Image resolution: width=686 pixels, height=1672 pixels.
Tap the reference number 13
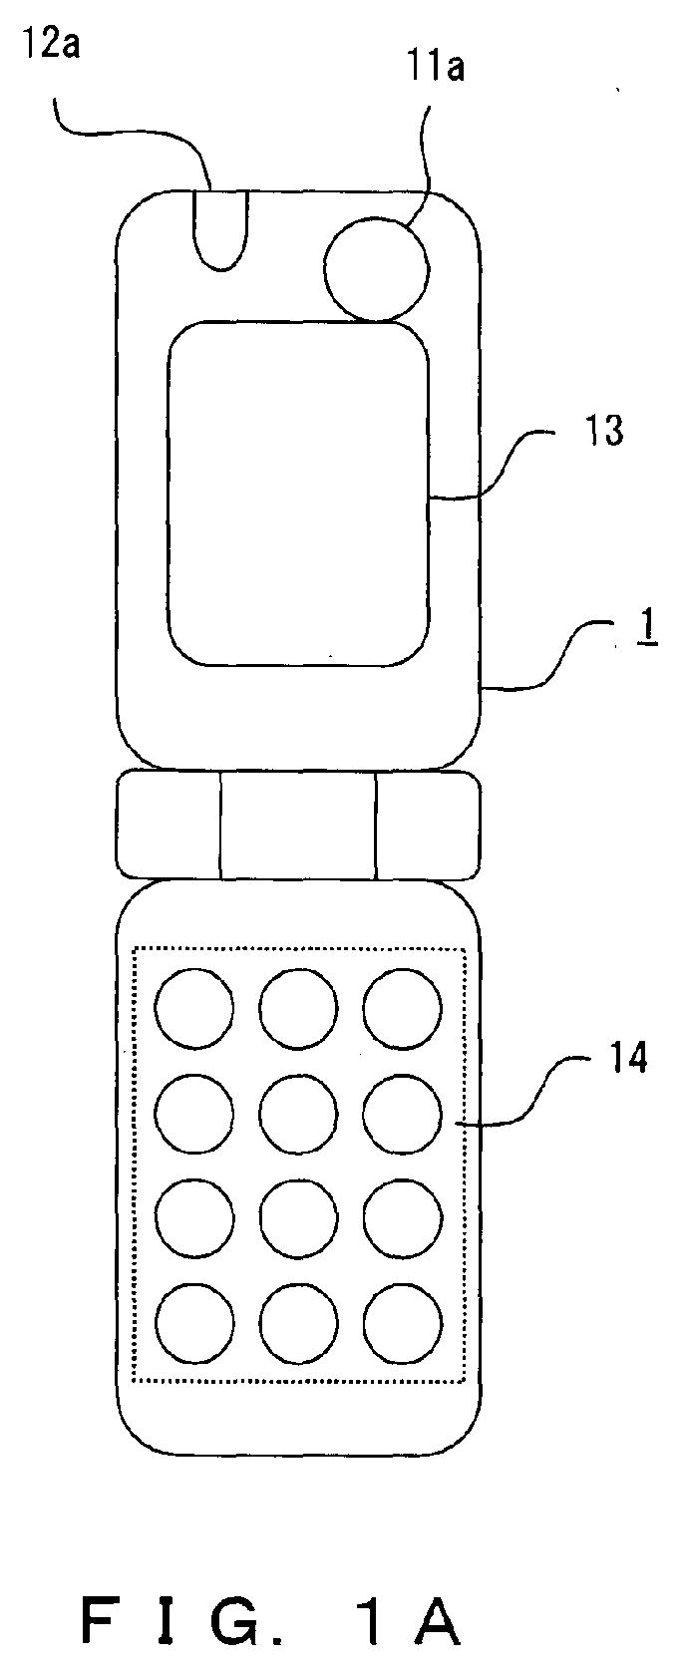click(x=604, y=431)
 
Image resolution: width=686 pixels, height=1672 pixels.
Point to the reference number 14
click(x=628, y=1058)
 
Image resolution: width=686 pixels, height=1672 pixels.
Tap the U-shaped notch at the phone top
click(x=220, y=230)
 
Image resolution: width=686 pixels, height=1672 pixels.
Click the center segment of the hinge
click(x=298, y=826)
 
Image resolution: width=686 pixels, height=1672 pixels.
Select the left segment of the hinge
click(x=169, y=826)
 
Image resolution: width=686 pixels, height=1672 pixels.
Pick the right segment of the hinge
click(x=428, y=826)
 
